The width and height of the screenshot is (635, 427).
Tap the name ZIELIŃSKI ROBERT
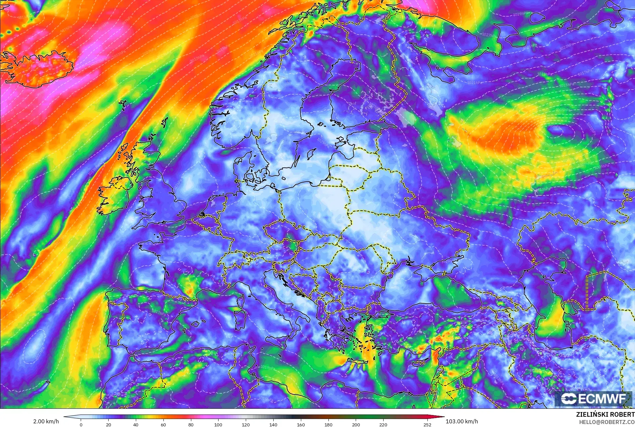click(x=605, y=414)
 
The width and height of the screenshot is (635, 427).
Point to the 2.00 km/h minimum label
click(x=46, y=421)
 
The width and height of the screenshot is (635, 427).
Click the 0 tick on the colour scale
click(x=81, y=424)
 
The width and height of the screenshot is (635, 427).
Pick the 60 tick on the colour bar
click(x=163, y=424)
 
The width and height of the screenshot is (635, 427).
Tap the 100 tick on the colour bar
click(x=218, y=424)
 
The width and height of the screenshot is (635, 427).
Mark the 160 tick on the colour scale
click(x=301, y=424)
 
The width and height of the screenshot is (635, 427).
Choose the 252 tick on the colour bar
click(x=427, y=424)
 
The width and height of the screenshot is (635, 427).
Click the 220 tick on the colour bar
click(x=383, y=424)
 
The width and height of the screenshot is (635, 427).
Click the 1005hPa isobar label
click(x=563, y=110)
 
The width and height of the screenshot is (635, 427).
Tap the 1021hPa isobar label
click(x=475, y=83)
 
